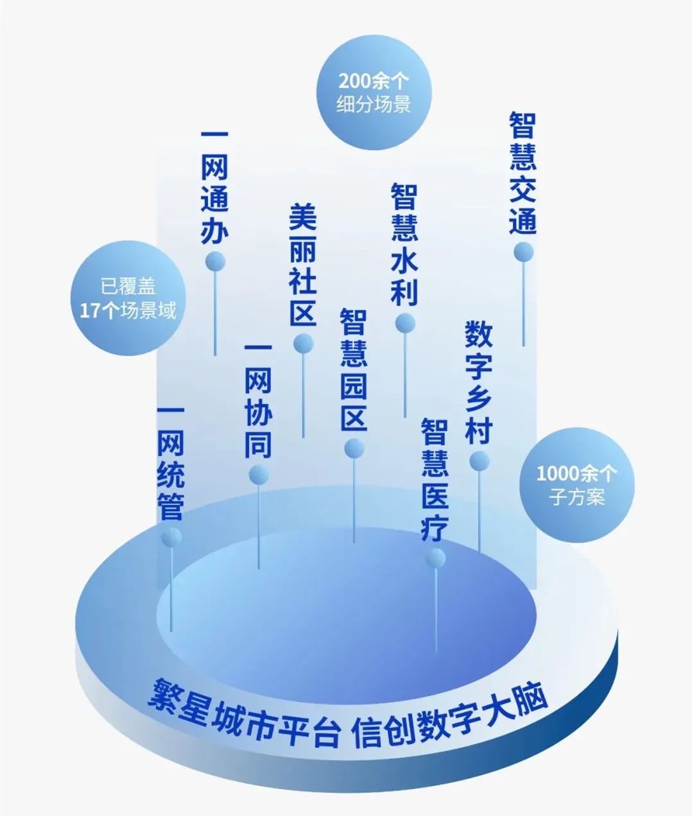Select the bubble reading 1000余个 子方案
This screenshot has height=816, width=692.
[x=576, y=486]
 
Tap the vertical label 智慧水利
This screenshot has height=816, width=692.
[x=404, y=245]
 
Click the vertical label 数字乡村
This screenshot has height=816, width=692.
[x=478, y=383]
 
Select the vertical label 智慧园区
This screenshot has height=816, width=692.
[x=353, y=370]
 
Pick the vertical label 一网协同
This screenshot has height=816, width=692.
[x=258, y=402]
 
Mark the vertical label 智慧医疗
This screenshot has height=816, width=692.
[x=435, y=479]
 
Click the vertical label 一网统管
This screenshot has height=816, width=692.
[x=171, y=464]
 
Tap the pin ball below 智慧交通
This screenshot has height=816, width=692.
[x=524, y=251]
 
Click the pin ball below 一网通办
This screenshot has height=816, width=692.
[x=216, y=261]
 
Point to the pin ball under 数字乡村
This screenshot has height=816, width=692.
[x=480, y=461]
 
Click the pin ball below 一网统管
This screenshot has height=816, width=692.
[x=171, y=537]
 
